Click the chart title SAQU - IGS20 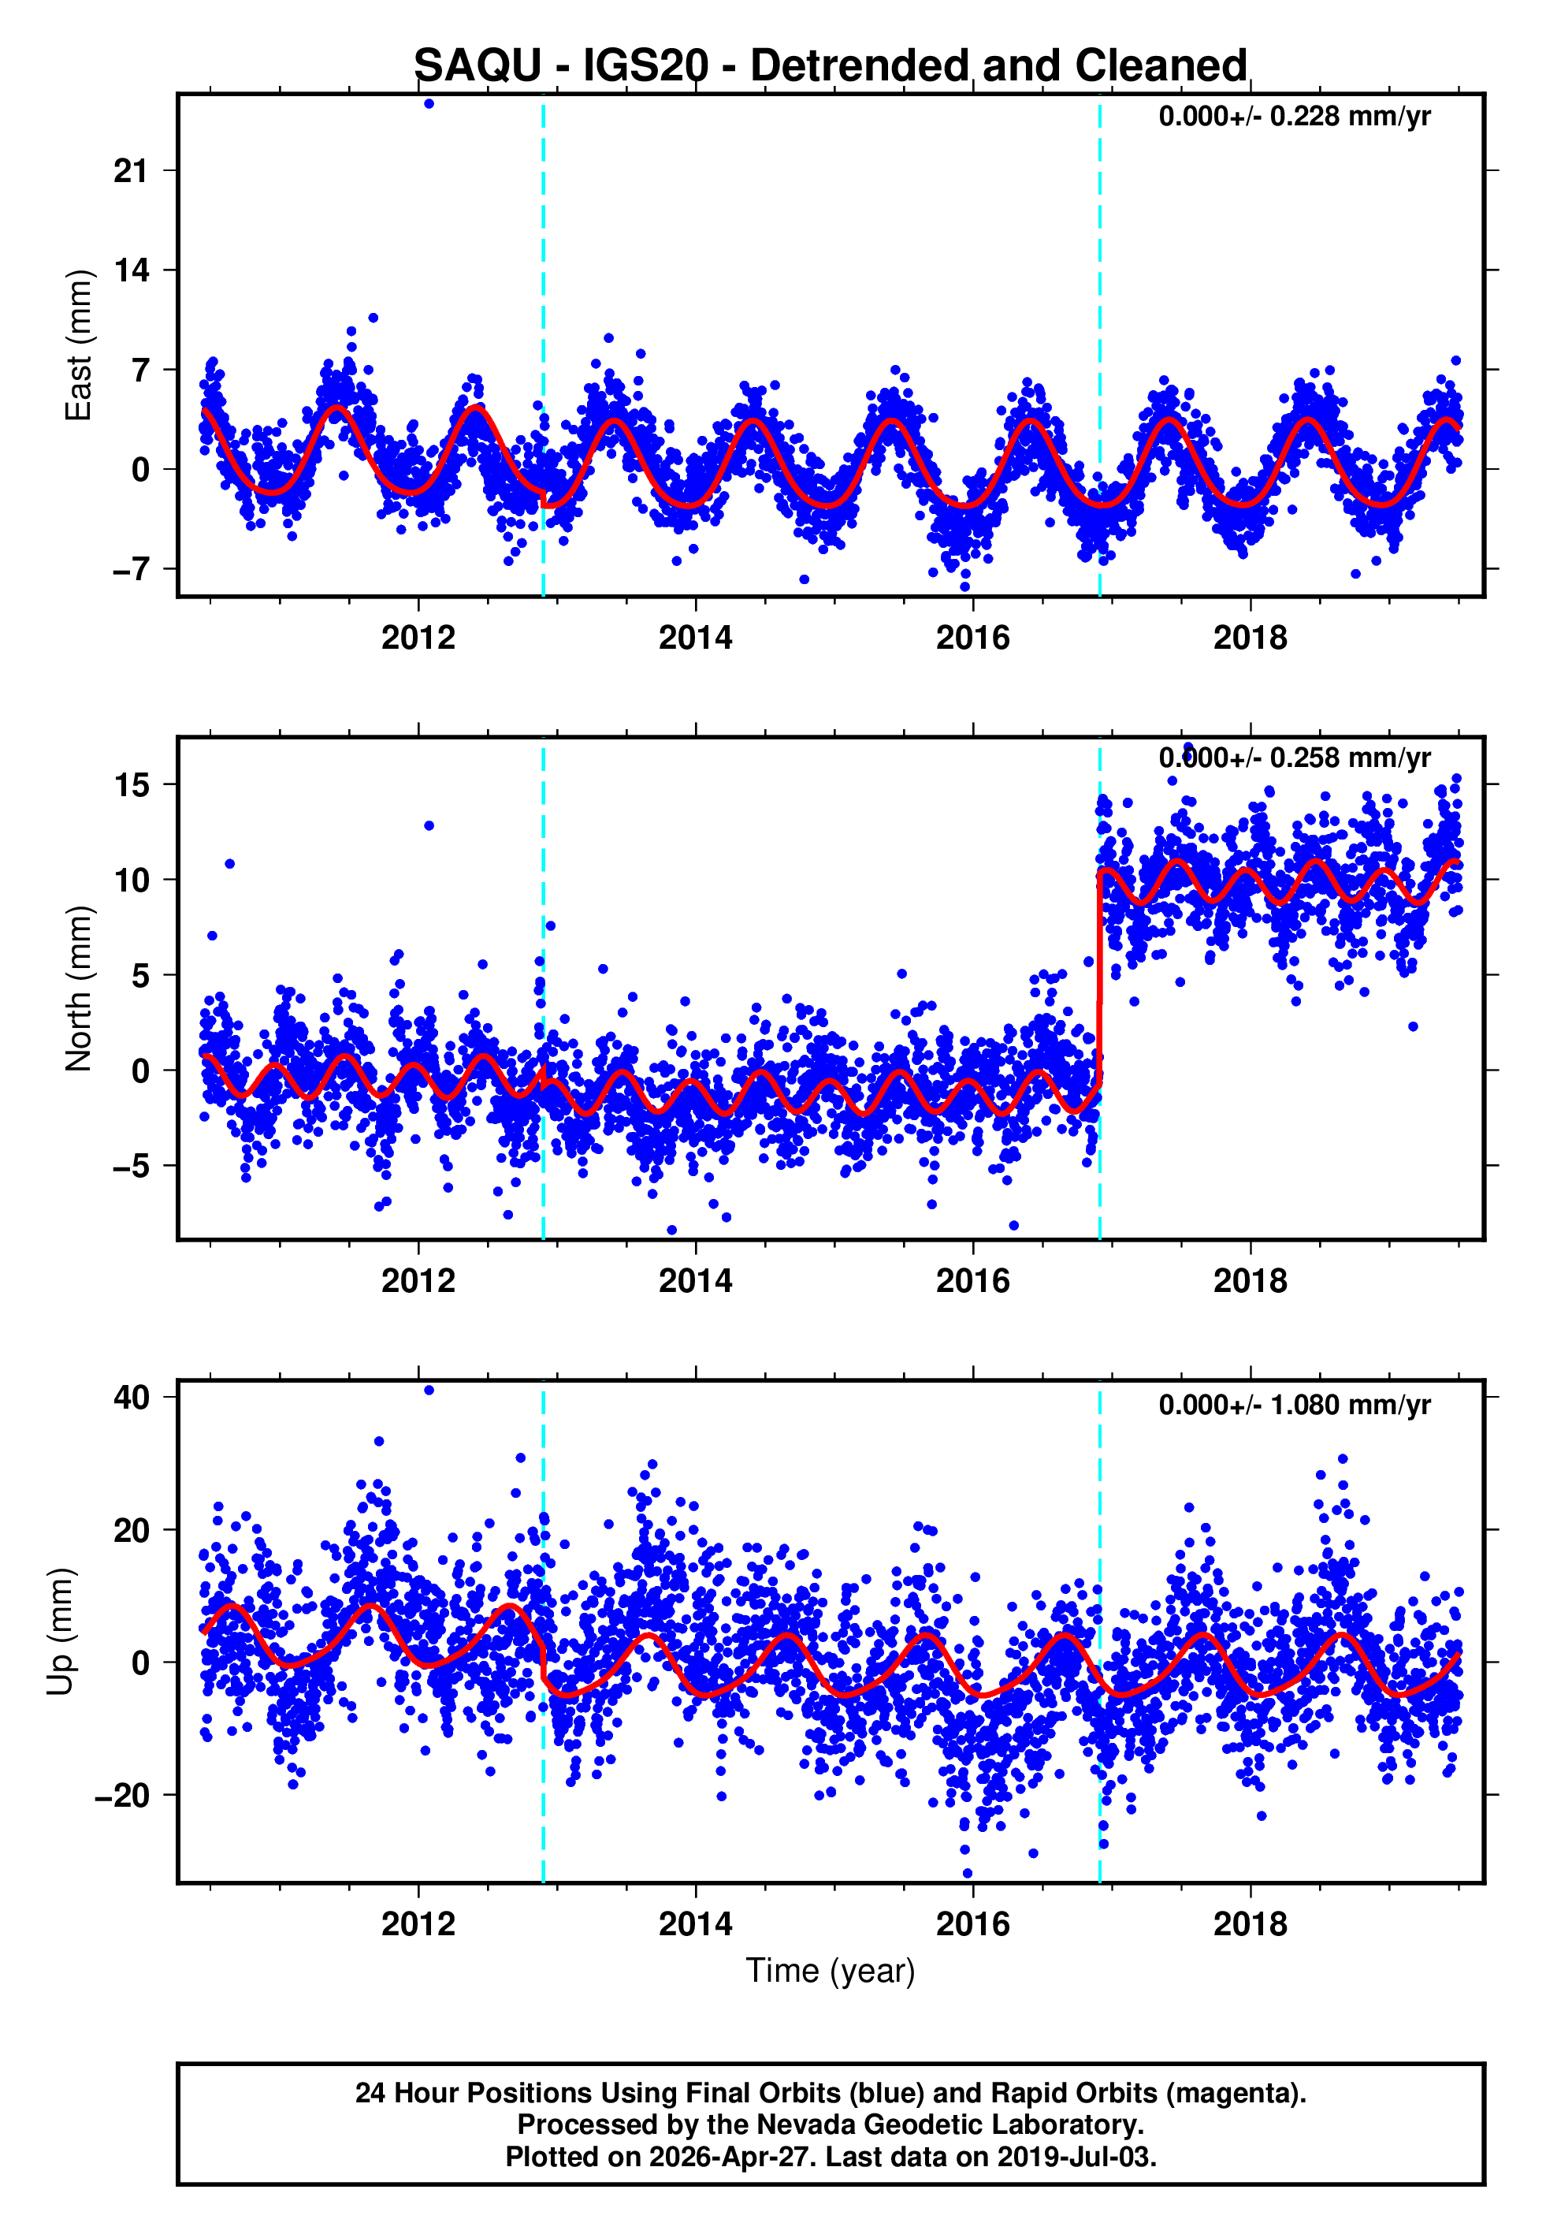(x=831, y=66)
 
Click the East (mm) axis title (x=77, y=345)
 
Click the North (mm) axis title (x=77, y=989)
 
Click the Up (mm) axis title (x=60, y=1632)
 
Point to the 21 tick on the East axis (x=131, y=172)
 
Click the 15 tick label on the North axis (x=131, y=784)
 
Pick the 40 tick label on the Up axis (x=131, y=1397)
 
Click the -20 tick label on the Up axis (x=122, y=1795)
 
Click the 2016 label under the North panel (x=972, y=1281)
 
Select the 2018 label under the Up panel (x=1250, y=1923)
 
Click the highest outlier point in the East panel (x=429, y=103)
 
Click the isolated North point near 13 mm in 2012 (x=429, y=825)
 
